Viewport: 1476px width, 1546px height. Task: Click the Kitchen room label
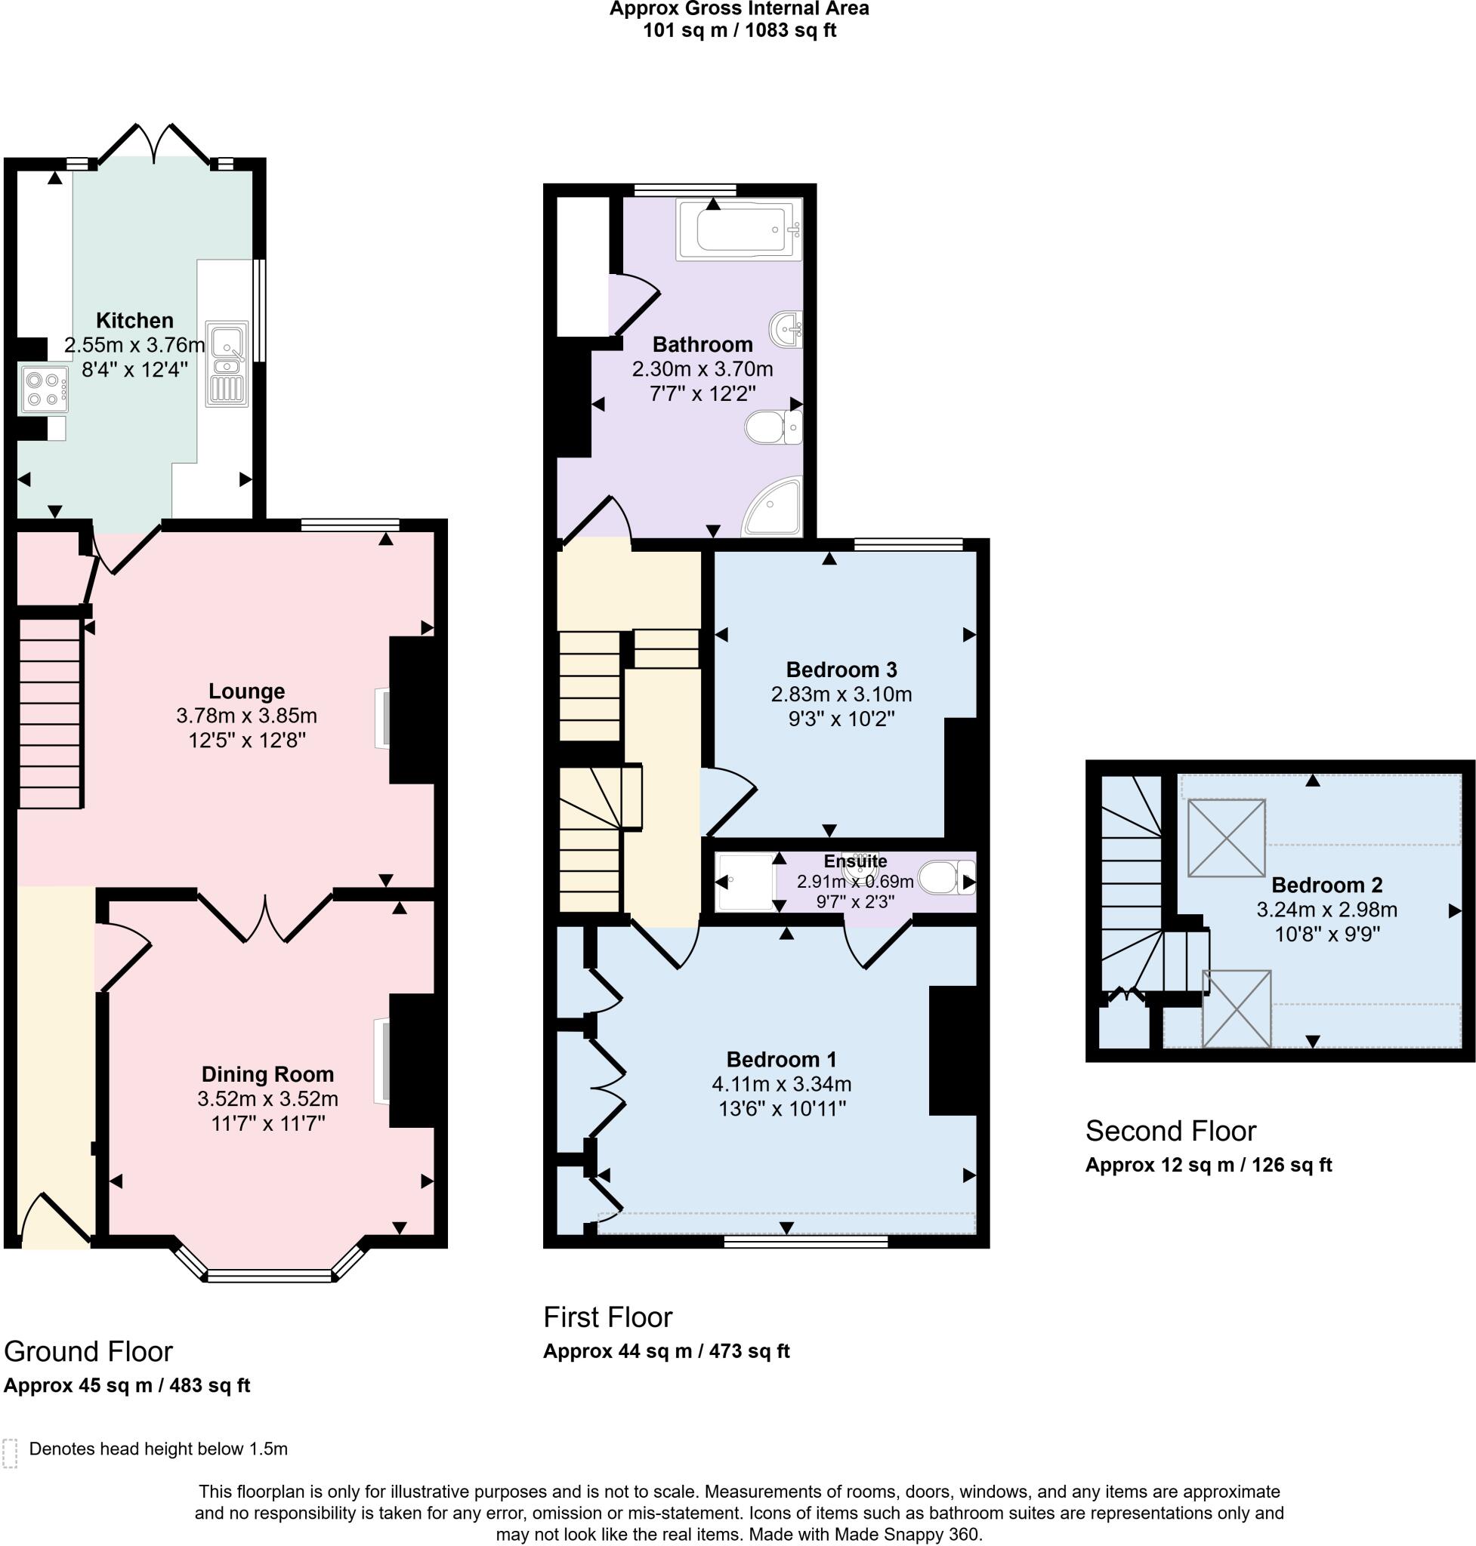click(134, 320)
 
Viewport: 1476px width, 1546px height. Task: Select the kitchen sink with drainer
click(227, 363)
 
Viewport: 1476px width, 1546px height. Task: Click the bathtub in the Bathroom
click(738, 229)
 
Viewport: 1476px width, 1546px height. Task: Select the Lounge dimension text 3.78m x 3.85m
click(246, 716)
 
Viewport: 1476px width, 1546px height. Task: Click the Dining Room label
click(267, 1074)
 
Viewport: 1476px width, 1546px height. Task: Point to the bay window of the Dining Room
click(269, 1275)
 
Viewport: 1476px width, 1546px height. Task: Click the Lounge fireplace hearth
click(381, 717)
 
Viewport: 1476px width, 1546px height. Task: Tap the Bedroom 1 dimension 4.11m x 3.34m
click(781, 1083)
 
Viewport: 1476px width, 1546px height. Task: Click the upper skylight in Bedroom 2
click(1226, 837)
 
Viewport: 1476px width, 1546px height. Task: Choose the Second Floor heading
click(1170, 1131)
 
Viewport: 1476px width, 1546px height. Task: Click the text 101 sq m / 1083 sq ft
click(739, 31)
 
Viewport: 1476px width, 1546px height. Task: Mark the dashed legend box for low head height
click(11, 1454)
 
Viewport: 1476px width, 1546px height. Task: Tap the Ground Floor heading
click(88, 1351)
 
